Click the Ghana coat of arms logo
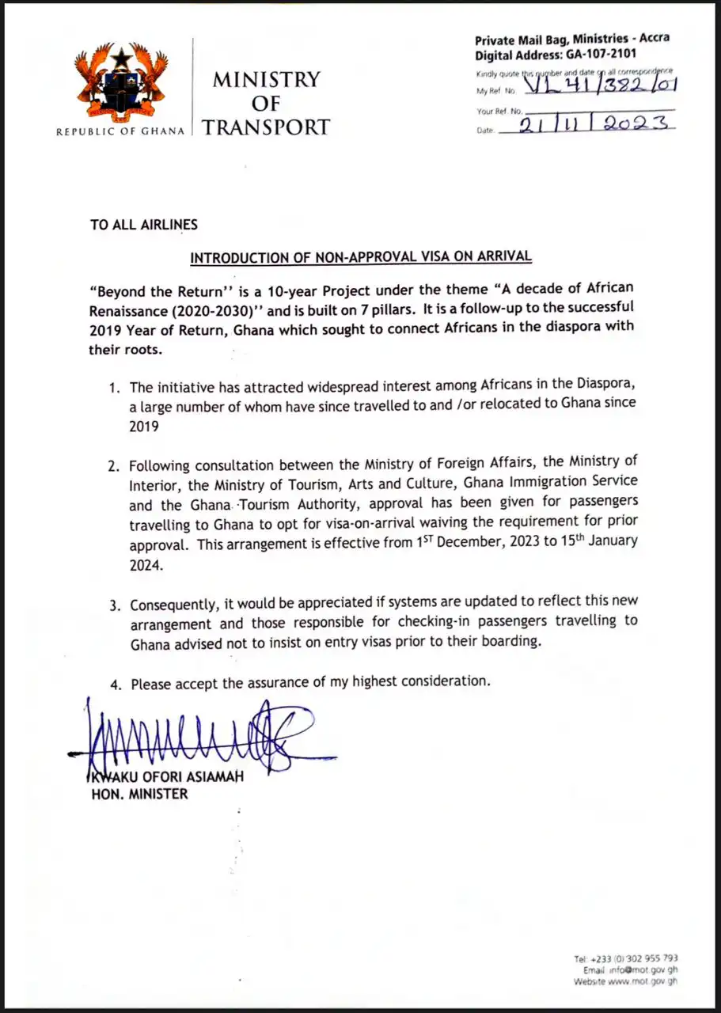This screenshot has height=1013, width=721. coord(121,84)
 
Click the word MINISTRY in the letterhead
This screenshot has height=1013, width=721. coord(265,80)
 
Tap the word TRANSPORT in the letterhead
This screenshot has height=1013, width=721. coord(265,127)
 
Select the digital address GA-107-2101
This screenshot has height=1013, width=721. coord(596,55)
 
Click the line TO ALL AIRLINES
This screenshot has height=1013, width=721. coord(144,225)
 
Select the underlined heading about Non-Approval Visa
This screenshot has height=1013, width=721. coord(361,257)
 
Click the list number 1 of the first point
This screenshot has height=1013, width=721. coord(114,388)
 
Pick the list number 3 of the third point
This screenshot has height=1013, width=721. coord(114,606)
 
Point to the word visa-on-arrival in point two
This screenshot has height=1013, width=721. coord(416,522)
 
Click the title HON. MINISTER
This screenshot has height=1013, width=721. coord(139,794)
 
